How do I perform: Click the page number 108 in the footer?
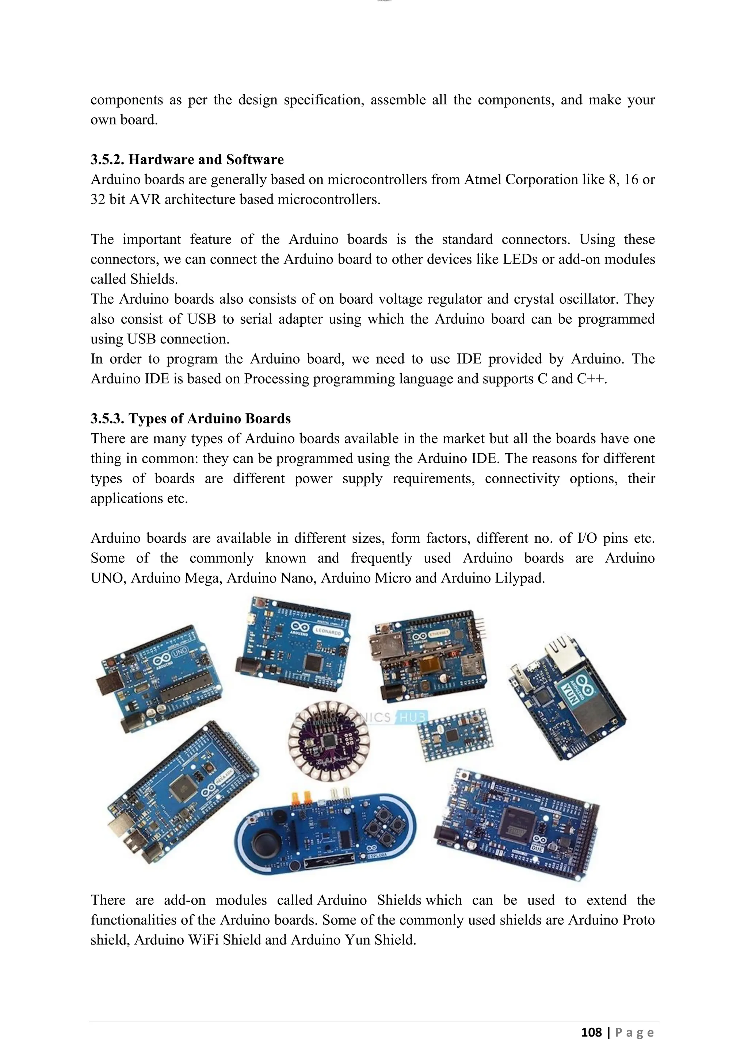click(591, 1032)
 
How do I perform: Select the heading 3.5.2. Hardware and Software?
click(187, 159)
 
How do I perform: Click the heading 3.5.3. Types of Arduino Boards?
click(191, 419)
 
